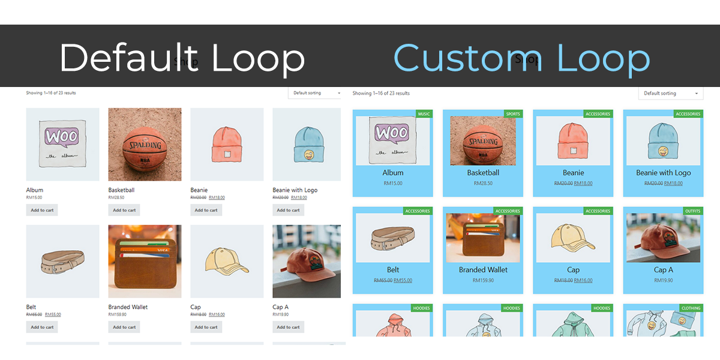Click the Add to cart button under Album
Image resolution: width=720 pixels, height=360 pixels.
[42, 210]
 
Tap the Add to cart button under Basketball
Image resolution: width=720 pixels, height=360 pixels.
[124, 210]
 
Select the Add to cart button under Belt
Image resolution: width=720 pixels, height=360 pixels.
[42, 327]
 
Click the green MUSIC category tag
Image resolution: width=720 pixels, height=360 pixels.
[424, 114]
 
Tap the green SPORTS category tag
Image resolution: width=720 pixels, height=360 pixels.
[513, 114]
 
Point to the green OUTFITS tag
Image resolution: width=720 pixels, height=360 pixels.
[692, 211]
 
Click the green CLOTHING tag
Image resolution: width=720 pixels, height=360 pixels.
[691, 308]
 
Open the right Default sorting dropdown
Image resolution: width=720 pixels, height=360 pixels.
[671, 94]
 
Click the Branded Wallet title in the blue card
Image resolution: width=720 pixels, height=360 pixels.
[483, 270]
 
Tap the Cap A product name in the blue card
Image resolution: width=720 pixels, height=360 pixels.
[663, 270]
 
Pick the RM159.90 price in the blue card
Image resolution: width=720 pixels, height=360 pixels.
[483, 280]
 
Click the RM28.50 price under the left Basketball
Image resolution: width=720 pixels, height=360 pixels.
[116, 197]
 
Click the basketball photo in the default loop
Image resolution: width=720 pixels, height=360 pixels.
[145, 144]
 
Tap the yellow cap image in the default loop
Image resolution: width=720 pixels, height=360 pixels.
[227, 261]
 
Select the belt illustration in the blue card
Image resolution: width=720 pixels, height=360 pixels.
[393, 238]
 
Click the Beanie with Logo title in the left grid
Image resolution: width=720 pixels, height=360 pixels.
[295, 190]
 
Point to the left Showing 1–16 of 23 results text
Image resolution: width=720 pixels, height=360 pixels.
[51, 93]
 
